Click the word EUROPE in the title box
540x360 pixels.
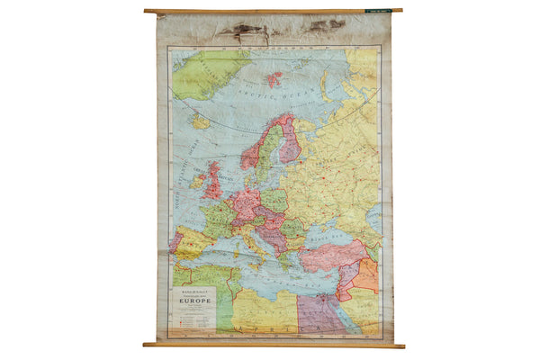(194, 301)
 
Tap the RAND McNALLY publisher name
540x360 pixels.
(193, 291)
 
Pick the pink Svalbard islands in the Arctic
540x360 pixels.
(273, 78)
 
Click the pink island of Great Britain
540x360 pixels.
(214, 184)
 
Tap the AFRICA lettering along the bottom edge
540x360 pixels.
(270, 328)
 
